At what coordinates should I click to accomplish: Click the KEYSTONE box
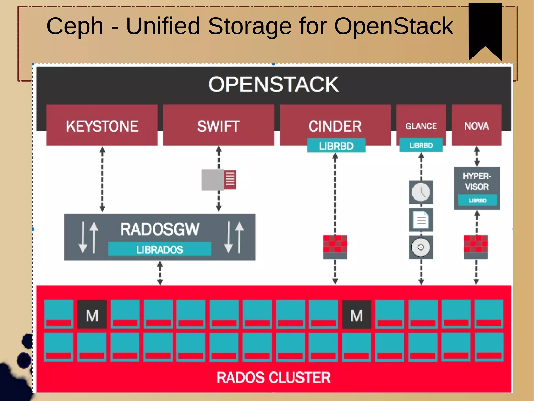pos(102,126)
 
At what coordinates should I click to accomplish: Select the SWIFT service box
pos(219,126)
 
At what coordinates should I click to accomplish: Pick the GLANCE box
pos(421,125)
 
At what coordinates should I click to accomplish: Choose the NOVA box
pos(476,126)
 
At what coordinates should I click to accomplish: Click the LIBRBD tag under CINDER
pos(336,146)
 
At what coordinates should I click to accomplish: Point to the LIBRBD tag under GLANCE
pos(421,145)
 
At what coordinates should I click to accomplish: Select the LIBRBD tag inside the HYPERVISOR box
pos(478,200)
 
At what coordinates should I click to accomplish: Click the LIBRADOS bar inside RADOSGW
pos(160,249)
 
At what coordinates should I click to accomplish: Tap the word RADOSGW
pos(160,229)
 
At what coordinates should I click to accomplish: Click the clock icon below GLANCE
pos(421,192)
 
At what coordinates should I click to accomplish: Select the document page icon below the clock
pos(421,220)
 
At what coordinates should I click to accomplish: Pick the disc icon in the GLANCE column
pos(421,247)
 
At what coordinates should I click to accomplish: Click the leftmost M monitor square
pos(92,315)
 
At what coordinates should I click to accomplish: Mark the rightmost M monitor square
pos(356,315)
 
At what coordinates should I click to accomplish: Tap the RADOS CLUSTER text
pos(274,377)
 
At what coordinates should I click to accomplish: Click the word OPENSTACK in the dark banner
pos(274,84)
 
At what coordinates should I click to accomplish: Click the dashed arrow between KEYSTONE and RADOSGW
pos(102,179)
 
